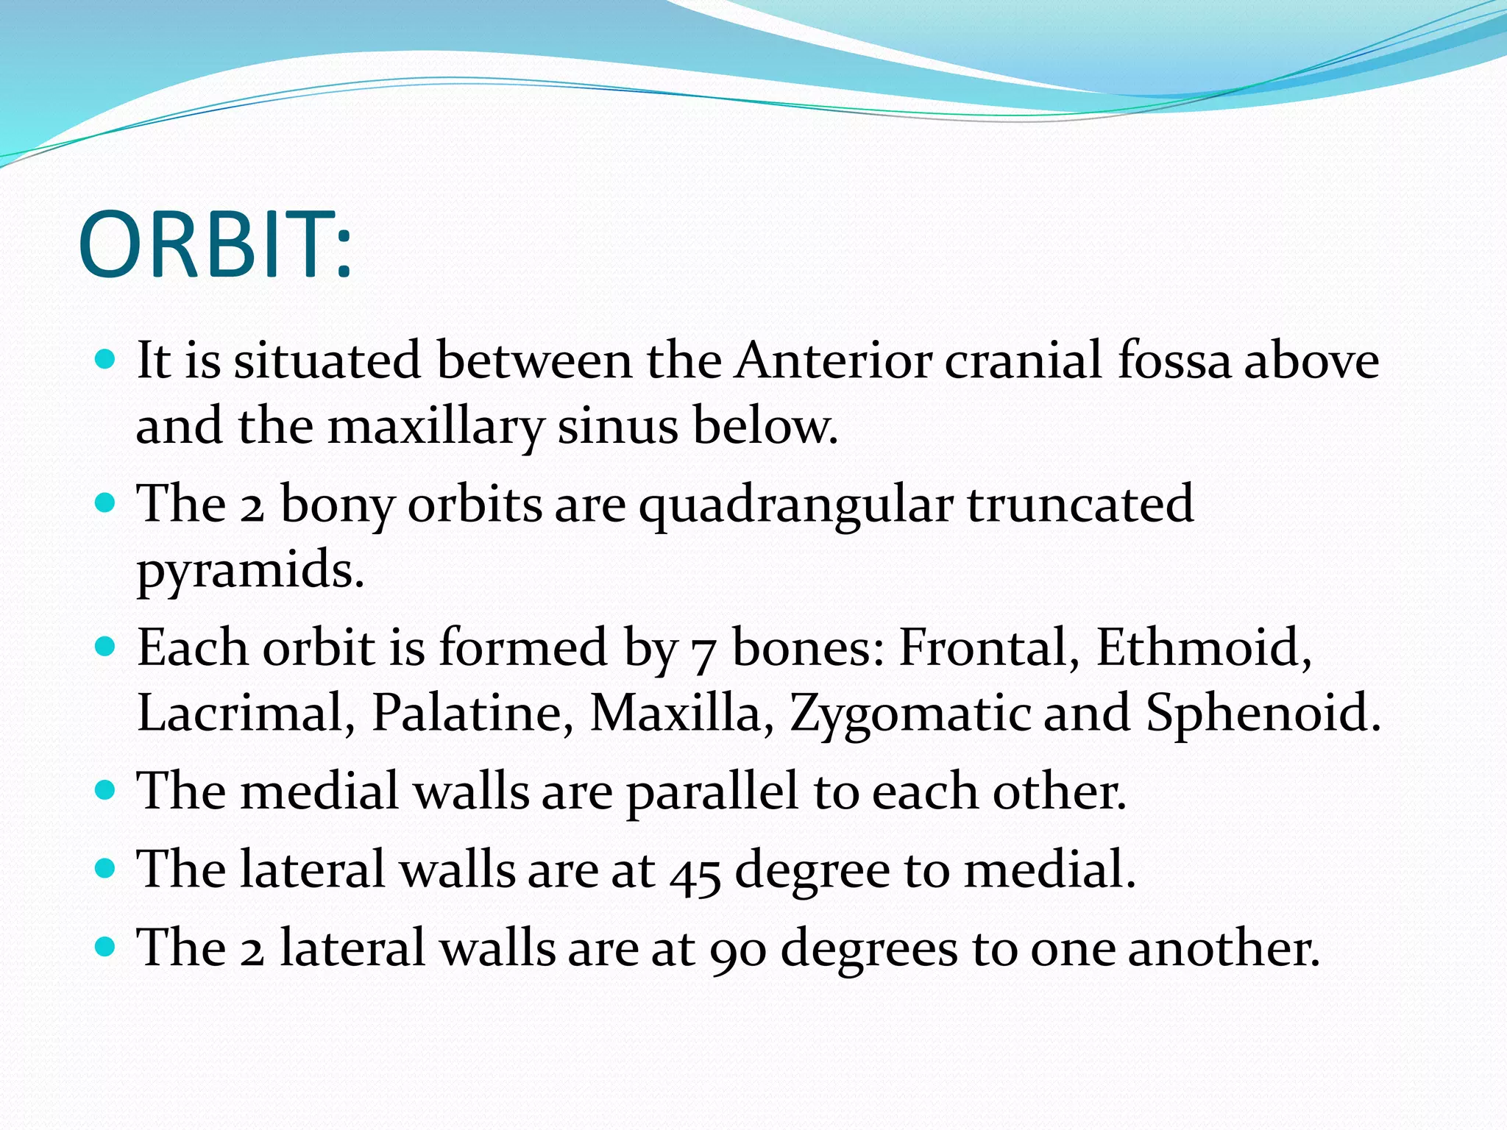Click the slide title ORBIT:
pyautogui.click(x=215, y=245)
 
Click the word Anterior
pyautogui.click(x=834, y=360)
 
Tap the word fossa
pyautogui.click(x=1174, y=360)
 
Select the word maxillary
pyautogui.click(x=436, y=427)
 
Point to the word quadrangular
pyautogui.click(x=795, y=505)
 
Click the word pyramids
pyautogui.click(x=250, y=571)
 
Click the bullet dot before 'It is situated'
pyautogui.click(x=106, y=360)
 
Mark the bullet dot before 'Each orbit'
pyautogui.click(x=106, y=647)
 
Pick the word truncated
pyautogui.click(x=1080, y=504)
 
